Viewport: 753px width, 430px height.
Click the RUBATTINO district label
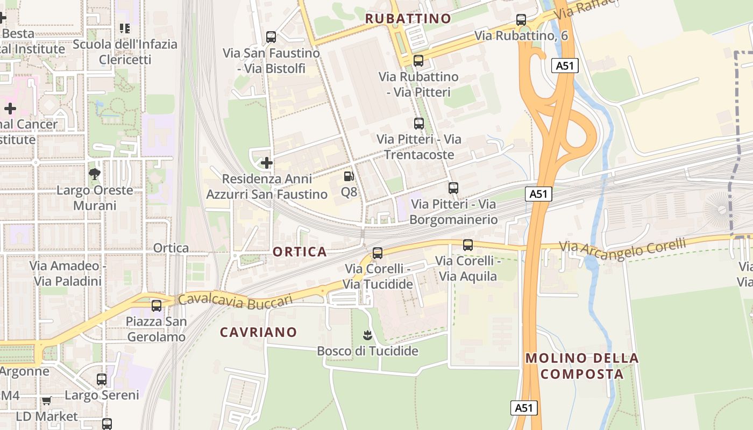408,19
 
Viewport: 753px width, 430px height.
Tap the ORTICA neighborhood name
300,252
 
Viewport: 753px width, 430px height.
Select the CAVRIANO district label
258,332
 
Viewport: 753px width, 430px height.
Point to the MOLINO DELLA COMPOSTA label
582,365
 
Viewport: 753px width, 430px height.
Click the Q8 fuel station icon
349,176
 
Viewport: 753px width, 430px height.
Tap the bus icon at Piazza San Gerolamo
157,306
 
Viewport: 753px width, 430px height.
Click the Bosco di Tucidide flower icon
367,336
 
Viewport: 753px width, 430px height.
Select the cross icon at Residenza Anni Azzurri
266,162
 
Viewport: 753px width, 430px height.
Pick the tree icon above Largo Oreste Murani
95,174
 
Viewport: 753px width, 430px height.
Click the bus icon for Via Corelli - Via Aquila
468,245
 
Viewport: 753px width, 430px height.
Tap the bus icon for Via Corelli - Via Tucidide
378,253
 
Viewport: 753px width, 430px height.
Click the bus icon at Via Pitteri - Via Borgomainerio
453,188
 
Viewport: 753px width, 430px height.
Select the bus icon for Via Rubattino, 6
521,20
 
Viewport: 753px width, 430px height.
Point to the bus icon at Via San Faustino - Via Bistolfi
271,37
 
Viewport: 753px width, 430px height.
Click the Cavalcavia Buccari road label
236,301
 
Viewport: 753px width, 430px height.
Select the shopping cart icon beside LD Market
47,401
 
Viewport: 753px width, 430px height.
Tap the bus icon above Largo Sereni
102,379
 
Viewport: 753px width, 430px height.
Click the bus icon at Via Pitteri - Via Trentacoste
419,124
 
